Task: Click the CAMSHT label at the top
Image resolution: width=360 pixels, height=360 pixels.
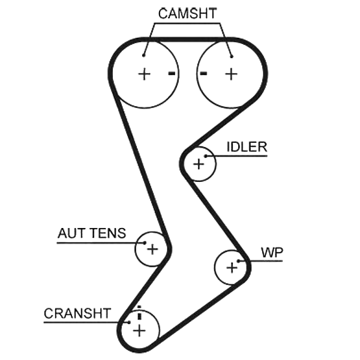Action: [187, 14]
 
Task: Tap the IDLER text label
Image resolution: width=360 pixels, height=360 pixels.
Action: [247, 147]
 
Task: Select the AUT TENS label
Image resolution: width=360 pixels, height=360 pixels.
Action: [92, 233]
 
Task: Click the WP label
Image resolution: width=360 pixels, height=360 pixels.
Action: [272, 253]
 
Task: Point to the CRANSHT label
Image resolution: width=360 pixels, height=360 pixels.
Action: [77, 313]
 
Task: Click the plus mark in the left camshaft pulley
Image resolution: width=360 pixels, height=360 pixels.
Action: [144, 74]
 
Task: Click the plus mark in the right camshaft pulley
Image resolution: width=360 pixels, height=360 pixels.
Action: [231, 74]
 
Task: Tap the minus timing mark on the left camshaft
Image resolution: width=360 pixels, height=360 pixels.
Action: [172, 73]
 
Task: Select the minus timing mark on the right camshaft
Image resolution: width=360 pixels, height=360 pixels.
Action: [203, 73]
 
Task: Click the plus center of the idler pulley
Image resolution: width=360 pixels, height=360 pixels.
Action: [199, 164]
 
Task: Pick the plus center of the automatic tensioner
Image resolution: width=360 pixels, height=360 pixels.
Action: [152, 250]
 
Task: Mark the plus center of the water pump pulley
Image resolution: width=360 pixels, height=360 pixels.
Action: [232, 268]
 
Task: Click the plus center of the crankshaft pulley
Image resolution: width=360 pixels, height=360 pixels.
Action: [139, 331]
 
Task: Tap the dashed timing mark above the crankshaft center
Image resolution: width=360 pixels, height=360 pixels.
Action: [139, 313]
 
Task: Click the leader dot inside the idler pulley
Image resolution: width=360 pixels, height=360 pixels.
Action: [206, 156]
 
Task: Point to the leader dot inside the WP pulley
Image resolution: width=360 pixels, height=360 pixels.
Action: [239, 261]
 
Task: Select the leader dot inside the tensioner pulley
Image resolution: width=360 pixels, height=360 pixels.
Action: [145, 242]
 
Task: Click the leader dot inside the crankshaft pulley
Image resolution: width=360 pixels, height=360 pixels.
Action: [129, 322]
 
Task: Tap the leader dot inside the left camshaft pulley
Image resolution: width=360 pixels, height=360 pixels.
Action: [143, 55]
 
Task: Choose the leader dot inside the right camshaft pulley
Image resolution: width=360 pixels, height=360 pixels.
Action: [232, 56]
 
